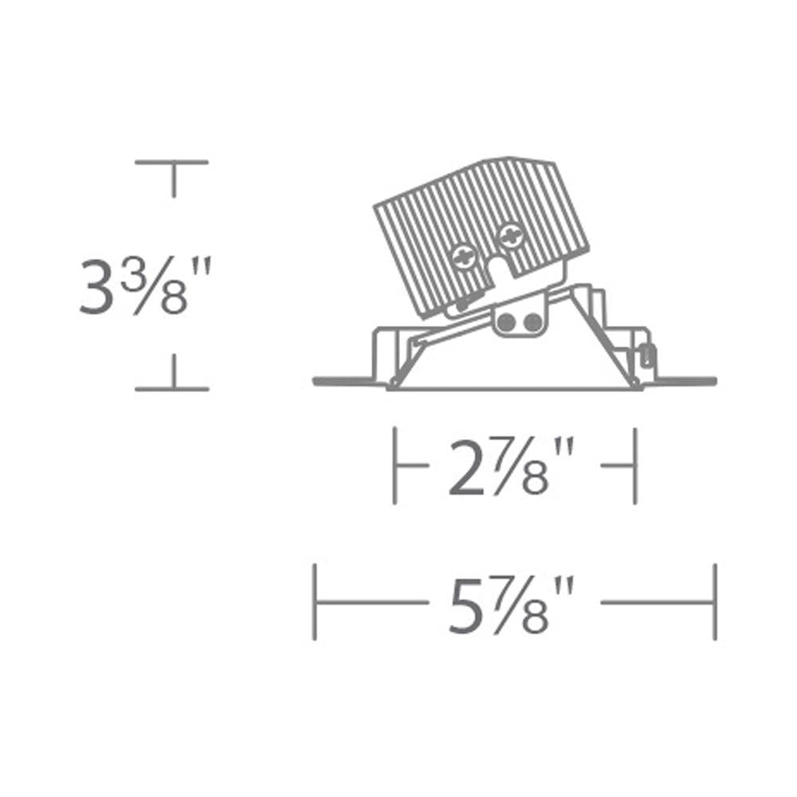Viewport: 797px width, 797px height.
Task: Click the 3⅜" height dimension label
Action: click(x=145, y=286)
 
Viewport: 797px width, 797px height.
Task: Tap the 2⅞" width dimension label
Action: click(x=511, y=466)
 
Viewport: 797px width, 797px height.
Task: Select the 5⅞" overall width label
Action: click(x=511, y=604)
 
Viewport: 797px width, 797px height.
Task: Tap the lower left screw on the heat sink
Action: click(x=464, y=257)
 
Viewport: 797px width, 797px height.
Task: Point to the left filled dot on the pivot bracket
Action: click(x=506, y=322)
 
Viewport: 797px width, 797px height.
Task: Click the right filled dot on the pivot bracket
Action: click(x=532, y=322)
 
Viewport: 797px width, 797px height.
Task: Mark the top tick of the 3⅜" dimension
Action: click(x=172, y=163)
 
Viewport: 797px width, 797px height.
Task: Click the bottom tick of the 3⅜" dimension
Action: click(x=172, y=389)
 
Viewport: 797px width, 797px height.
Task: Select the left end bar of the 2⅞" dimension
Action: click(x=395, y=465)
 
